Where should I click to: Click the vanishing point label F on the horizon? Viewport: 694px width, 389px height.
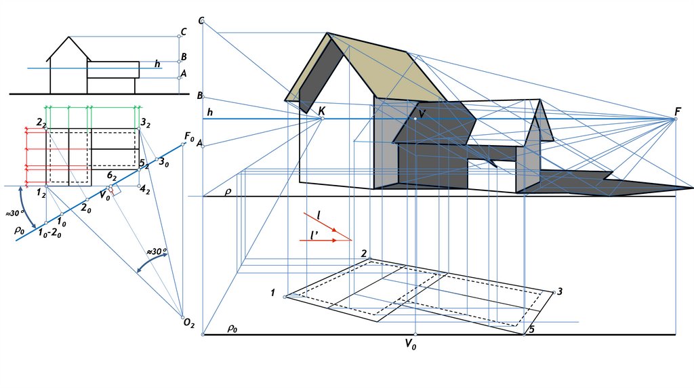coord(678,110)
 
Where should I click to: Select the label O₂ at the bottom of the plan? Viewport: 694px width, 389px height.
coord(189,325)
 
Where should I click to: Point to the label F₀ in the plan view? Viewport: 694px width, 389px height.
coord(190,138)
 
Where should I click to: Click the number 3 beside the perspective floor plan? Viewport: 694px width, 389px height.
coord(559,292)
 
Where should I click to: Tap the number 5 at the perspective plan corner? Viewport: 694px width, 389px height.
coord(531,329)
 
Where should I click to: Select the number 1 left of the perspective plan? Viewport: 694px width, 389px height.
coord(272,293)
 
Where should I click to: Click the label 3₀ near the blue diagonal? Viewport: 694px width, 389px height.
coord(163,163)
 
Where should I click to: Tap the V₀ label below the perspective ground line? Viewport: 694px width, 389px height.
coord(410,344)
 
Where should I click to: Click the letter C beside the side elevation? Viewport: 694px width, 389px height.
coord(183,32)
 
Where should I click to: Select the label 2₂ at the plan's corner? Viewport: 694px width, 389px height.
coord(41,123)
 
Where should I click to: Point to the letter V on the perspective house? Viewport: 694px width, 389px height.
coord(422,113)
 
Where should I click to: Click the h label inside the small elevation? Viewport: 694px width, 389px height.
coord(157,64)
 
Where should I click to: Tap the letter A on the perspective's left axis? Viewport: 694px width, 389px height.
coord(200,143)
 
